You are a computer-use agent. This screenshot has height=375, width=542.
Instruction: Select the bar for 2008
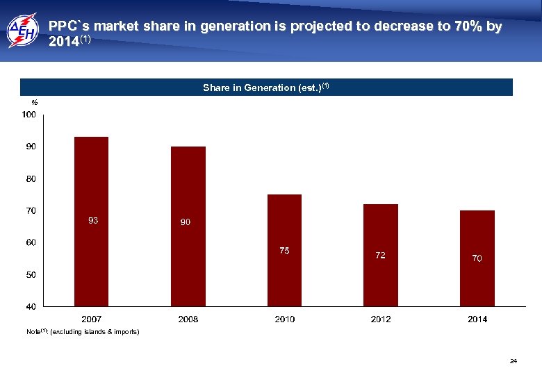[x=188, y=226]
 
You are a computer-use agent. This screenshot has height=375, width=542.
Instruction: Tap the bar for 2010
[x=284, y=250]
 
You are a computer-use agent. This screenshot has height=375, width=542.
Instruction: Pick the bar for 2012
[x=381, y=255]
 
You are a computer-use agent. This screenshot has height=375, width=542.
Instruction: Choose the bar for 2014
[x=477, y=258]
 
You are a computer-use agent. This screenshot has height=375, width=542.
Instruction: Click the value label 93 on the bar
[x=92, y=221]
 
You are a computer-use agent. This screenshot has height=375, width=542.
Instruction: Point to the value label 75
[x=284, y=251]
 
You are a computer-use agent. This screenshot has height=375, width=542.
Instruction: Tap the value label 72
[x=381, y=256]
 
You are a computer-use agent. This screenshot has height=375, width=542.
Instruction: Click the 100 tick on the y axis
[x=28, y=115]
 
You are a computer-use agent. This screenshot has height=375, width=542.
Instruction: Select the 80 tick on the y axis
[x=31, y=178]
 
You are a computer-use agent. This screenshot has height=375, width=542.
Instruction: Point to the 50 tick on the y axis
[x=31, y=274]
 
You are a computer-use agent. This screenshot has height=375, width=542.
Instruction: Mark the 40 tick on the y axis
[x=31, y=306]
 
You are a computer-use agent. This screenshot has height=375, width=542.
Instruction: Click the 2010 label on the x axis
[x=284, y=319]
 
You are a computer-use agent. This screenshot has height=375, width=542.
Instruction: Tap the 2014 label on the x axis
[x=477, y=319]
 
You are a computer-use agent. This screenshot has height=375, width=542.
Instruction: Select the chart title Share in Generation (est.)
[x=265, y=87]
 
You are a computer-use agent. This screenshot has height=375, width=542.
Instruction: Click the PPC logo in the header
[x=23, y=31]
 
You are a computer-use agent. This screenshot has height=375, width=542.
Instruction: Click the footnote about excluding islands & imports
[x=83, y=333]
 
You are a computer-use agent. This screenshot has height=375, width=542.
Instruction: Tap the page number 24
[x=514, y=361]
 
